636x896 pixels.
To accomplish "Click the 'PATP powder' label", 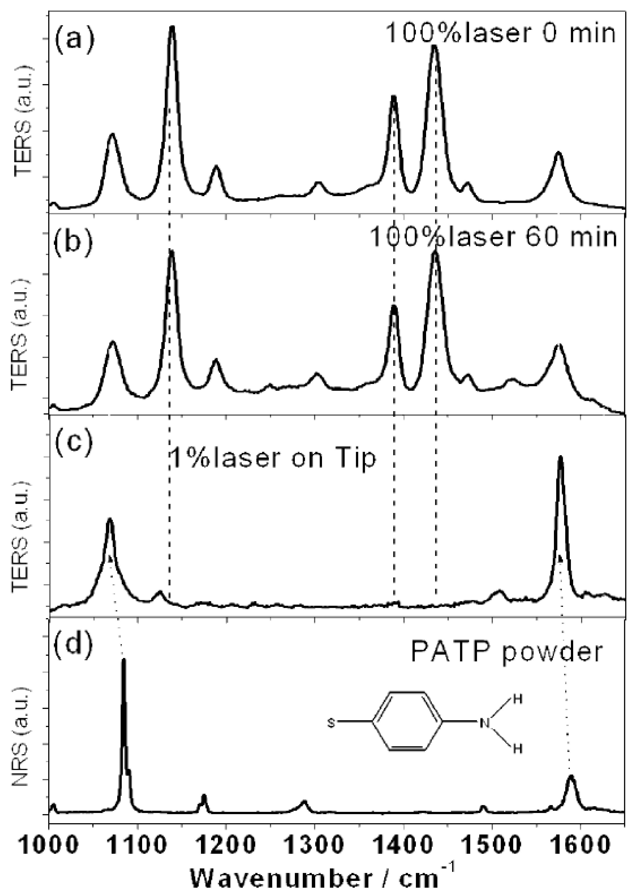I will (506, 651).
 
